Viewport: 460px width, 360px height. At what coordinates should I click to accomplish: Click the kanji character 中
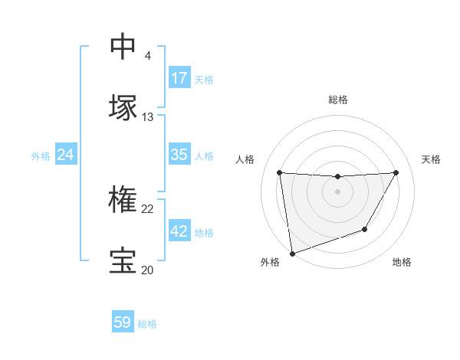123,46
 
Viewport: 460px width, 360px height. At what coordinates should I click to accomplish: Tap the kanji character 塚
123,107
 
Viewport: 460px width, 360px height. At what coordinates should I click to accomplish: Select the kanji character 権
123,199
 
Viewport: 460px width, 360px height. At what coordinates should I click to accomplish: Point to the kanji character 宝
123,260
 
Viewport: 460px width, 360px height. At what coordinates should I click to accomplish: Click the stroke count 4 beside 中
147,55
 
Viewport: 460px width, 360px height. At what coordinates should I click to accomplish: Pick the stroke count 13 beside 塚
147,117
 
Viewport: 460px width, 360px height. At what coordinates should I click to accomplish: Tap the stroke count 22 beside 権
147,208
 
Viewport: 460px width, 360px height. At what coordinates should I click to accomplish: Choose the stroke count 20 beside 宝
147,270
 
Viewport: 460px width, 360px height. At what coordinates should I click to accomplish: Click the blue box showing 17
179,77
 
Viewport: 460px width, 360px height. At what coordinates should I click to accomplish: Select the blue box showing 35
179,155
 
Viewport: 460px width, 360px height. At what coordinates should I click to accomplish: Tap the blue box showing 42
179,231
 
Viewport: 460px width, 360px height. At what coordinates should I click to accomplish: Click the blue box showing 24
65,155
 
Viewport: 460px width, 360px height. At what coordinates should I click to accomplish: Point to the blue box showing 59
123,322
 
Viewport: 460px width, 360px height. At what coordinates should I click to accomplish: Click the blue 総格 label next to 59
147,324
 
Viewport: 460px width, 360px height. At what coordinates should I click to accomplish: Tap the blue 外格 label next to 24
41,156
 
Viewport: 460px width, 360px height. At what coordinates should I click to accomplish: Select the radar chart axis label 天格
432,159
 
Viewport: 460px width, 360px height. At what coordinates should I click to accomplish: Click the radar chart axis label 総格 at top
338,100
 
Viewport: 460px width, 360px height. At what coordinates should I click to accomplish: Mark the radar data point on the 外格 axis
292,253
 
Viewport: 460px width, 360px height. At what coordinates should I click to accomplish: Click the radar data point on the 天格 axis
396,172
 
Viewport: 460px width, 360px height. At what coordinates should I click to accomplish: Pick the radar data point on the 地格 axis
365,229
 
